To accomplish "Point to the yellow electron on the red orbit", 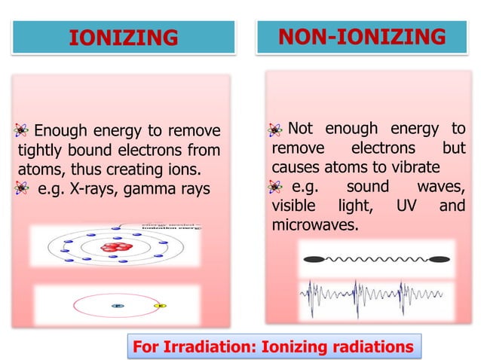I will click(x=159, y=306).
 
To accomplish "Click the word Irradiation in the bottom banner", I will click(x=213, y=346).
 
